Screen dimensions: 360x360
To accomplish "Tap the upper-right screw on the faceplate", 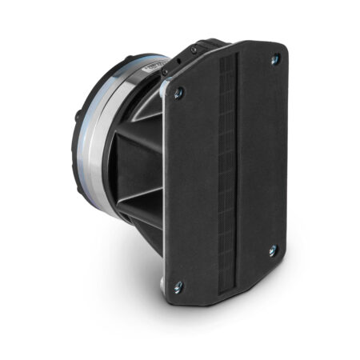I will pos(275,58).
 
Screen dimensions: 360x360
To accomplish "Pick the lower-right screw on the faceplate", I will pos(273,250).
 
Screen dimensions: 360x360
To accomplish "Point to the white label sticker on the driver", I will pos(152,67).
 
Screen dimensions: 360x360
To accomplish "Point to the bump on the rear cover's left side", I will pos(78,117).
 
